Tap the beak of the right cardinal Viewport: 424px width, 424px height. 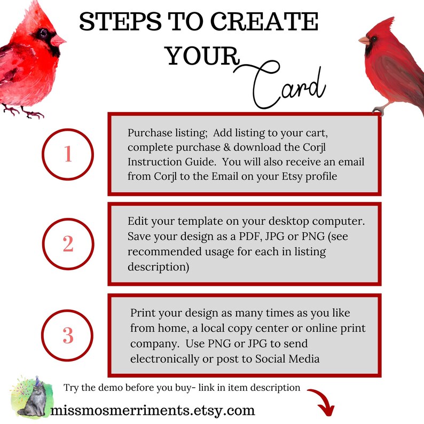tap(364, 40)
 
